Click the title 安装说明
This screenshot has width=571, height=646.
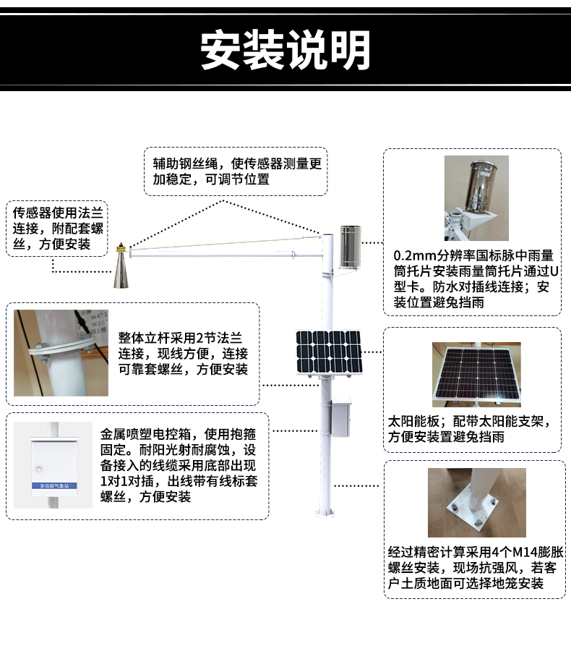click(285, 51)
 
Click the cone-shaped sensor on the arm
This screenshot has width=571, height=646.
click(121, 268)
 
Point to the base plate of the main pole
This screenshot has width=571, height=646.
click(325, 513)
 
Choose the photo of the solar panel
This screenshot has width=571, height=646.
click(476, 375)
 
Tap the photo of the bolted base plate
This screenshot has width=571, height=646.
click(476, 503)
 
